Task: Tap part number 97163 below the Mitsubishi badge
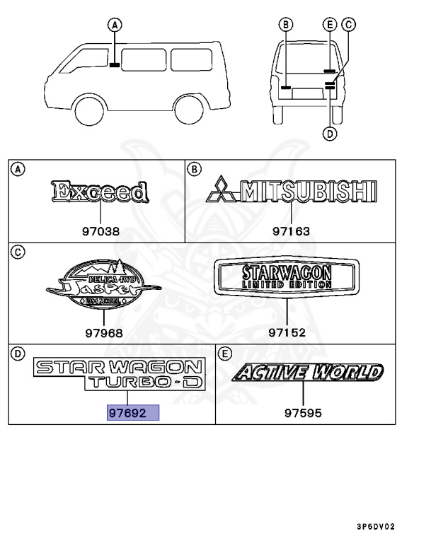(x=292, y=230)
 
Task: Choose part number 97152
(x=287, y=332)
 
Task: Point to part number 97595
(x=302, y=413)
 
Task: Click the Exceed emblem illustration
(x=100, y=192)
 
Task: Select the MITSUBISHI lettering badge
(x=291, y=191)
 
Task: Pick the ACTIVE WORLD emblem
(x=309, y=373)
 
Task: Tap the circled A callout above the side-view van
(x=113, y=25)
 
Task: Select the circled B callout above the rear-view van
(x=285, y=25)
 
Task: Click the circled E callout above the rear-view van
(x=329, y=25)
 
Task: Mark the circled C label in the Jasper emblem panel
(x=19, y=252)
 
